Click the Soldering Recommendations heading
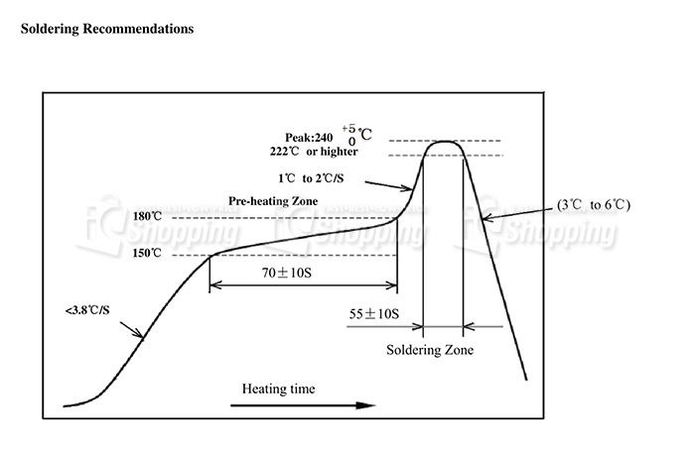click(x=107, y=29)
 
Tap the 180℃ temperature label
click(x=147, y=216)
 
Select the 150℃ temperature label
click(x=147, y=254)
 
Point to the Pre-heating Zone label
click(x=272, y=199)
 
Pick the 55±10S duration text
click(x=373, y=313)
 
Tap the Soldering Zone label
click(x=430, y=350)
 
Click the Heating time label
click(x=279, y=389)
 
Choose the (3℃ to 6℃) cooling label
click(x=594, y=205)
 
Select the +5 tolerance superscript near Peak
click(x=348, y=128)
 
